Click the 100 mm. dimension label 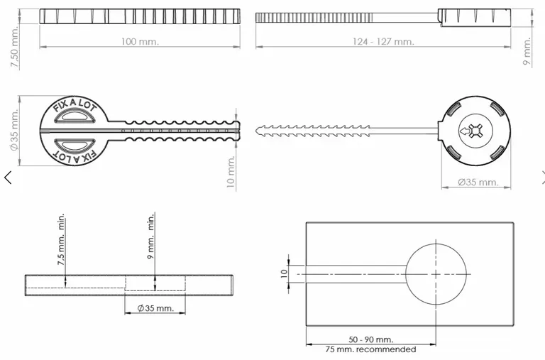(x=139, y=42)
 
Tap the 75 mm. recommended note (x=370, y=349)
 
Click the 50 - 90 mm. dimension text (x=370, y=340)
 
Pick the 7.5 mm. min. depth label (x=61, y=239)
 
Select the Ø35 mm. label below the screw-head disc (x=478, y=182)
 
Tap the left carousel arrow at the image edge (x=8, y=177)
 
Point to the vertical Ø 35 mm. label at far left (x=14, y=131)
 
